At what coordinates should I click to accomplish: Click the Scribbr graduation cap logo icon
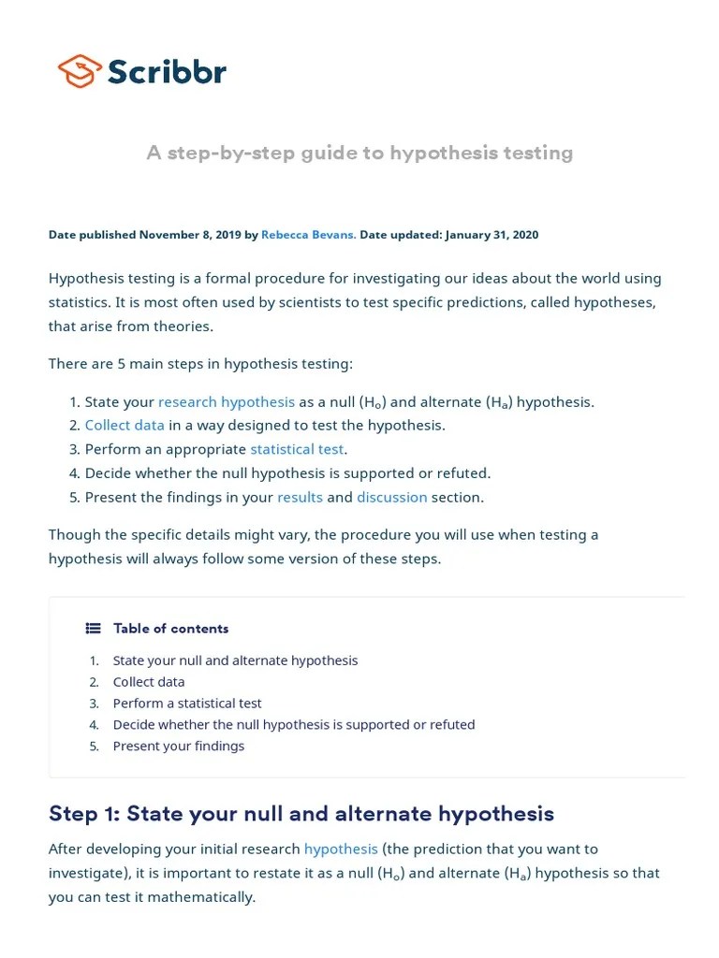tap(80, 71)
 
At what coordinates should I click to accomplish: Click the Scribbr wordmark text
tap(167, 72)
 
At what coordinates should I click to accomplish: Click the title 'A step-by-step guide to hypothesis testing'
tap(359, 152)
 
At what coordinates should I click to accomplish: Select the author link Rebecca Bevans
tap(308, 235)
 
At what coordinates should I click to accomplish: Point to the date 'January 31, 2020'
tap(492, 235)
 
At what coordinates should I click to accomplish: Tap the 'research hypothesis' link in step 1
tap(227, 401)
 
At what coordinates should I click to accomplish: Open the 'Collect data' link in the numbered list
tap(125, 425)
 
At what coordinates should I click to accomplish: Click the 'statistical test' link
tap(297, 449)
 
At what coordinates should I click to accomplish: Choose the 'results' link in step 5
tap(300, 497)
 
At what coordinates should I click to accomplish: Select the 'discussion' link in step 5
tap(391, 497)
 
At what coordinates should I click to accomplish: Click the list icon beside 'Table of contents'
tap(93, 629)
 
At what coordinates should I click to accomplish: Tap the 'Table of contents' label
tap(170, 629)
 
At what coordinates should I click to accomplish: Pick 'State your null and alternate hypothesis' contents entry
tap(235, 660)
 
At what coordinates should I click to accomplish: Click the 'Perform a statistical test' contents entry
tap(187, 704)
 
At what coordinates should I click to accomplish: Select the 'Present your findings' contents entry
tap(178, 747)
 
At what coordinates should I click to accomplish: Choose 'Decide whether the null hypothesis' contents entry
tap(293, 725)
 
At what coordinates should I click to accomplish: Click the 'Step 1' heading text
tap(301, 814)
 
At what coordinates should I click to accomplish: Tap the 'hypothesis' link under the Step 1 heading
tap(341, 849)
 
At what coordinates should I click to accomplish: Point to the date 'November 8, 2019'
tap(190, 235)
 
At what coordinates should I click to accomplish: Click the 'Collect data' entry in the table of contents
tap(149, 682)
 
